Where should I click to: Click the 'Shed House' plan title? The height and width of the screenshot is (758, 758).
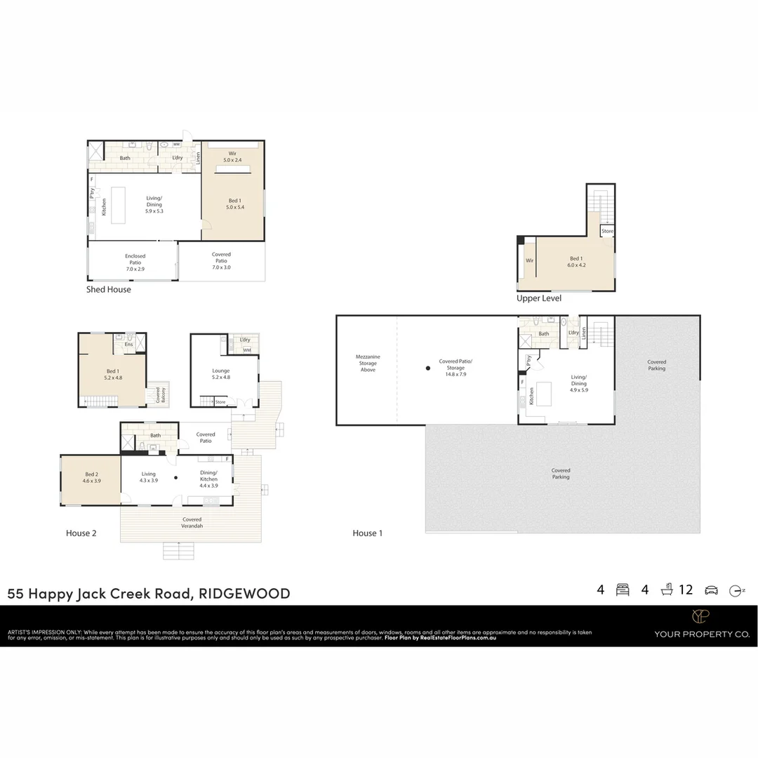[108, 289]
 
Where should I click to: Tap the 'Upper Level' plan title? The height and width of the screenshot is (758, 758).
[538, 298]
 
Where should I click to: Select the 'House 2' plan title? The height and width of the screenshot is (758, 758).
[81, 533]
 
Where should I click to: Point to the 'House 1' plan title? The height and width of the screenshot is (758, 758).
[367, 533]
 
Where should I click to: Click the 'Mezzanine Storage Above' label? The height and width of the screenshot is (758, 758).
[368, 363]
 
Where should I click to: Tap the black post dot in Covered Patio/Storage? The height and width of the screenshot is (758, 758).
[427, 368]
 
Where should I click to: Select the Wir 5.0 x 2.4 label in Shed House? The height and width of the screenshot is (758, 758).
[232, 157]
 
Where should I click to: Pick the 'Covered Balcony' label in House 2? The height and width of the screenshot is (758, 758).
[160, 394]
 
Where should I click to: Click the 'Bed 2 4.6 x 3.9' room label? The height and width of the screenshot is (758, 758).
[91, 477]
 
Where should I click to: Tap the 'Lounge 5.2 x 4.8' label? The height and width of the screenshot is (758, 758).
[221, 373]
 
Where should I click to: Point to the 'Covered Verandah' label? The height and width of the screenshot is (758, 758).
[192, 522]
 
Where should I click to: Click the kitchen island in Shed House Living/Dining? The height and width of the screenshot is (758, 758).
[118, 205]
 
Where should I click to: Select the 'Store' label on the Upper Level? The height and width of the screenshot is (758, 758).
[607, 231]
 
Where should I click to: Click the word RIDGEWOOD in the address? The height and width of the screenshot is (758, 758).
[244, 594]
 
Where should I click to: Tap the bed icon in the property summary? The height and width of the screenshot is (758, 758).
[622, 590]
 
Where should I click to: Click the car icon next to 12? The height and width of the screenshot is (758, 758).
[711, 590]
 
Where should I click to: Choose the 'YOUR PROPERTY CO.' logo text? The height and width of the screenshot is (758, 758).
[701, 634]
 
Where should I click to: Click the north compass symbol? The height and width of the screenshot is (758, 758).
[736, 590]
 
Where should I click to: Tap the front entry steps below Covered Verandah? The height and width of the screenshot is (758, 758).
[178, 551]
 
